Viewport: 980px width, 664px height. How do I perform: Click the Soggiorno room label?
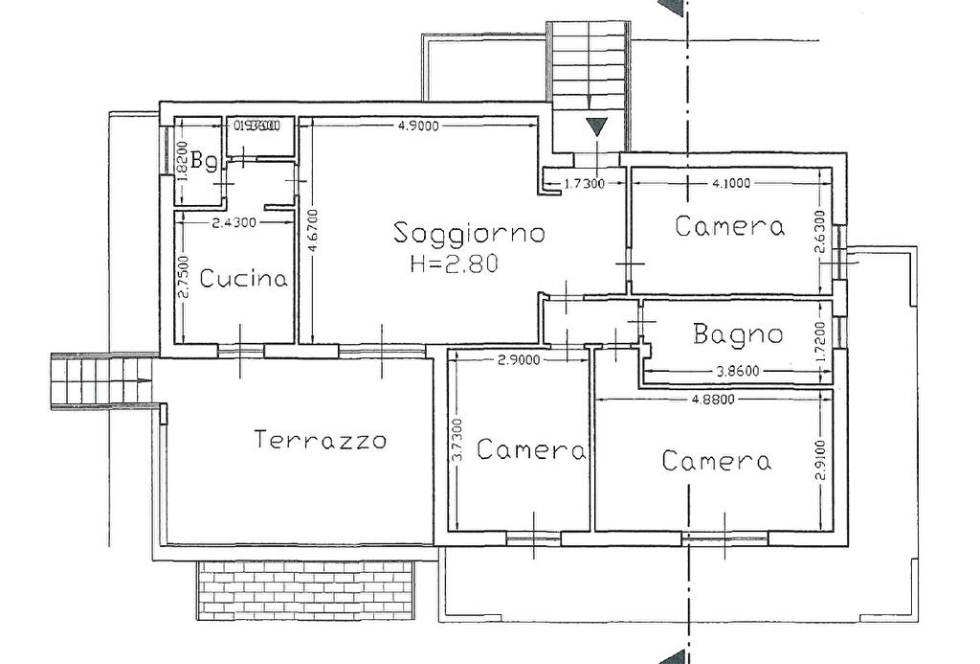[x=469, y=233]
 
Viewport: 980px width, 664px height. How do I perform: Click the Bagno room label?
[x=738, y=334]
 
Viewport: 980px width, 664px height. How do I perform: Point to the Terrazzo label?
[x=321, y=441]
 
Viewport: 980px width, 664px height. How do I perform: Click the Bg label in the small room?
[x=203, y=161]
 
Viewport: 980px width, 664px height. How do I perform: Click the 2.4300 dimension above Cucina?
[x=233, y=222]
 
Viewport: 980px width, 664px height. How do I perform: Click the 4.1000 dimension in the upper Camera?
[x=724, y=182]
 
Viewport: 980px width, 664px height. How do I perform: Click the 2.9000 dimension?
[x=520, y=360]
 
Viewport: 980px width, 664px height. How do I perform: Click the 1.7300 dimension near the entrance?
[x=584, y=185]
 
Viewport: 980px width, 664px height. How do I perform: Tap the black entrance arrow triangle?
[x=596, y=126]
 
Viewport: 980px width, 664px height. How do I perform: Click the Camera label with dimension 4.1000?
[x=729, y=227]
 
